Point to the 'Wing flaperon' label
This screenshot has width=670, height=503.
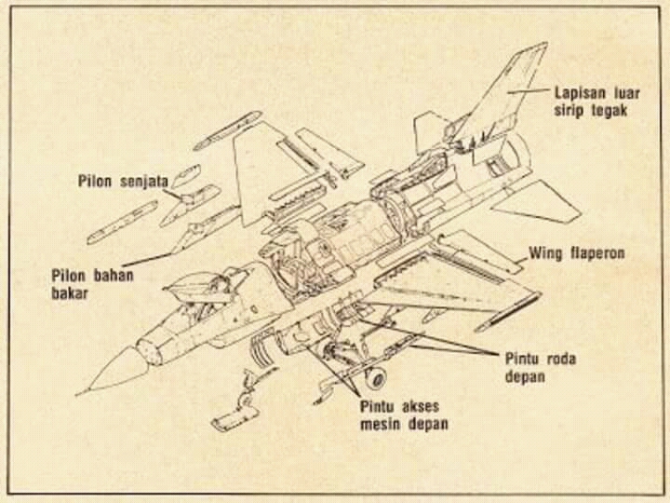pyautogui.click(x=577, y=252)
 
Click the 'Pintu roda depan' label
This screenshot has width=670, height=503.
pyautogui.click(x=537, y=366)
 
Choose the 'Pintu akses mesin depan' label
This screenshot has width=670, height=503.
pyautogui.click(x=403, y=415)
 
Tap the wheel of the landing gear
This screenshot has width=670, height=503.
pyautogui.click(x=375, y=377)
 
